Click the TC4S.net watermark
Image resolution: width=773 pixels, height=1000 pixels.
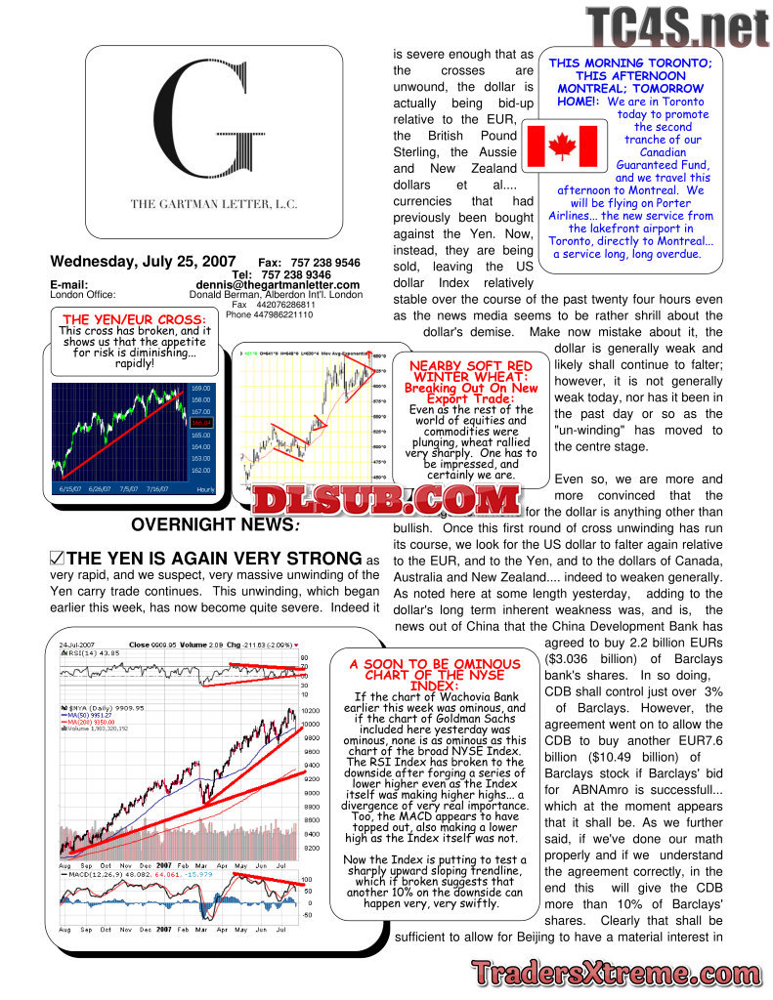676,26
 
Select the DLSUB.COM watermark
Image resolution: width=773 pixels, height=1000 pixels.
385,501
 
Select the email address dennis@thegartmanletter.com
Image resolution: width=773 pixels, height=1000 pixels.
278,285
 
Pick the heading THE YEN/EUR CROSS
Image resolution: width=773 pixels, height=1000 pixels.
134,319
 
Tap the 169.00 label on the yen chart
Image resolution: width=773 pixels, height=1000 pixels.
200,388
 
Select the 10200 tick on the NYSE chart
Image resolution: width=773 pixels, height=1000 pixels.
311,711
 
